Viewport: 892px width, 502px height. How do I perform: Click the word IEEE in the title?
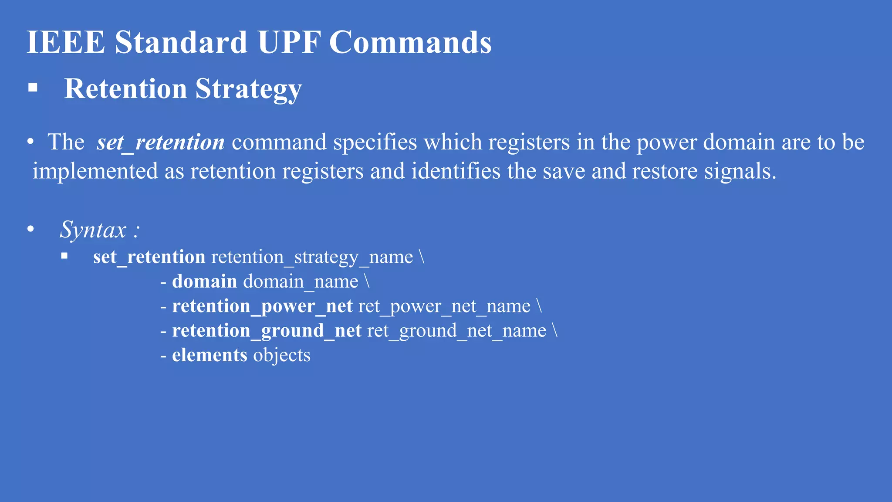coord(66,42)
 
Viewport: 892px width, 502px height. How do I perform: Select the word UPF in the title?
coord(289,42)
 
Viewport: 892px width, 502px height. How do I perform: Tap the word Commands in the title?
coord(410,42)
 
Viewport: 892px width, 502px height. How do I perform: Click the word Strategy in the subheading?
coord(248,89)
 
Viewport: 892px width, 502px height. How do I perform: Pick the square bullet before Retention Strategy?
coord(33,88)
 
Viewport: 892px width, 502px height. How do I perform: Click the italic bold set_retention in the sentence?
coord(160,142)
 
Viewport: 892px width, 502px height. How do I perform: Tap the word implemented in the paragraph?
coord(95,171)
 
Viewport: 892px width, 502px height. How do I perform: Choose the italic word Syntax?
coord(93,230)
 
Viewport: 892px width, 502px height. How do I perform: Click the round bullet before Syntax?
coord(30,229)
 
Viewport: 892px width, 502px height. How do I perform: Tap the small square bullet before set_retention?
coord(64,256)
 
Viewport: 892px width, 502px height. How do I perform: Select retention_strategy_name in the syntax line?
coord(312,257)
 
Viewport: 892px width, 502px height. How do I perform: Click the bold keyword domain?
coord(204,282)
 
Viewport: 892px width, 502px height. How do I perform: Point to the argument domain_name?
coord(301,282)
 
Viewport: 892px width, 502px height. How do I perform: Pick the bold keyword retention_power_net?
coord(262,306)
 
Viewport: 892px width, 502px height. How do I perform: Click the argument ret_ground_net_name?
coord(456,331)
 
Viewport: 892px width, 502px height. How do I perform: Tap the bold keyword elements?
coord(209,355)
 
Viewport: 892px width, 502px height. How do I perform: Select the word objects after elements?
coord(282,355)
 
